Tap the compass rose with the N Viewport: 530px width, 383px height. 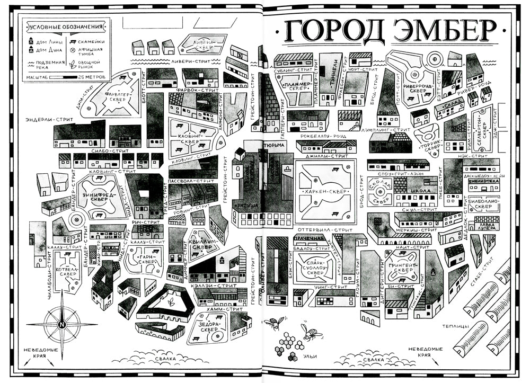62,324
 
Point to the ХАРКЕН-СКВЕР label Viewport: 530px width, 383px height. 325,191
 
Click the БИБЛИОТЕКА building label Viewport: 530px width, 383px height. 484,181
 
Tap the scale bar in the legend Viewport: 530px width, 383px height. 63,77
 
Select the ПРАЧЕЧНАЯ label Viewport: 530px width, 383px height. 308,238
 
